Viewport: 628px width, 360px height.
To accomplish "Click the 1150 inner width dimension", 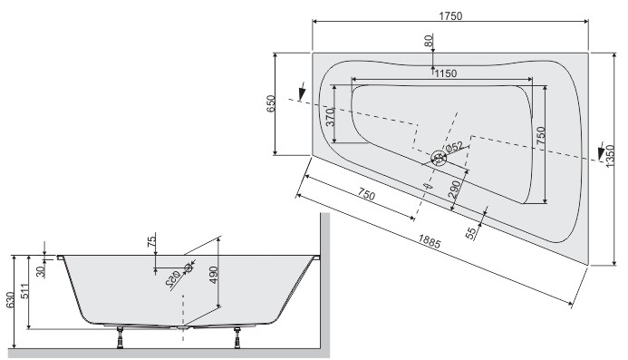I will coord(444,73).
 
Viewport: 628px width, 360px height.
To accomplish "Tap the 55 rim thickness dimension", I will coord(470,233).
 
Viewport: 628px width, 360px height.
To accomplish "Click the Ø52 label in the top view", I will coord(453,146).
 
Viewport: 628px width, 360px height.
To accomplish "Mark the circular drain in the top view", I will coord(439,158).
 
